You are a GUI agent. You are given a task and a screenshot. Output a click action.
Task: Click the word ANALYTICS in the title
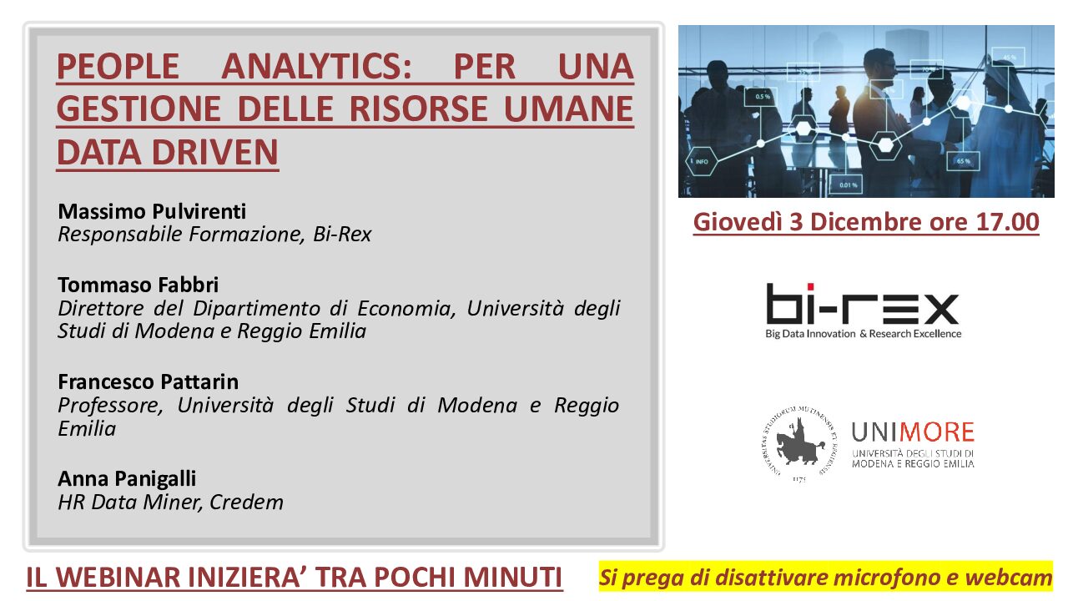316,66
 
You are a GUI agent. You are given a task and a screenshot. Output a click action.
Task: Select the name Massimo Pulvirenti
152,211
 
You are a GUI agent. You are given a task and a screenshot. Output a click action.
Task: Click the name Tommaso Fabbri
139,285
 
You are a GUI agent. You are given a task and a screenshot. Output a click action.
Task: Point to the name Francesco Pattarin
149,381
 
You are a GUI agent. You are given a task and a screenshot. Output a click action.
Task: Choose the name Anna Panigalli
127,479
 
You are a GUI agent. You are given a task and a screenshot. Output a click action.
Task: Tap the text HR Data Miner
130,503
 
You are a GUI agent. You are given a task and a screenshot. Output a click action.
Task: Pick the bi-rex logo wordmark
863,304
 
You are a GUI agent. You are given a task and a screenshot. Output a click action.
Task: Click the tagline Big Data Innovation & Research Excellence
863,334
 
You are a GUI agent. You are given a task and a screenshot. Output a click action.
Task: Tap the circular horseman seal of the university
799,442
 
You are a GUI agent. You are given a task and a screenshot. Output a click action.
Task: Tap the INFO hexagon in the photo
702,162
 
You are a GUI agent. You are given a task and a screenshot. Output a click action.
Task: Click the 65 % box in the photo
963,161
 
